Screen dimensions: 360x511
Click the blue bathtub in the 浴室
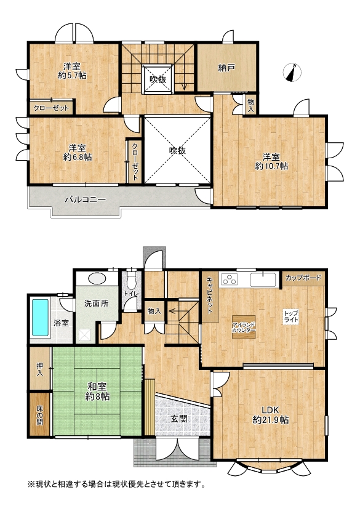[40, 318]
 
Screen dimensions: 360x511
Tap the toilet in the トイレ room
[131, 281]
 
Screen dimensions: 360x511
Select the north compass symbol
[292, 73]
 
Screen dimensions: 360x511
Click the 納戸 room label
[226, 68]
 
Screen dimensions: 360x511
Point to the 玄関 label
[179, 419]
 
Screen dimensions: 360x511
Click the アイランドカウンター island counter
[244, 327]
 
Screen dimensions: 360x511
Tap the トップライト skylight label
[291, 316]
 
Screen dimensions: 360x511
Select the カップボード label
[303, 278]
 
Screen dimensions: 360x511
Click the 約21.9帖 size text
[271, 420]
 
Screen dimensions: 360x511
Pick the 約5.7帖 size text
[73, 76]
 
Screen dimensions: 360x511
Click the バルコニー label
[85, 199]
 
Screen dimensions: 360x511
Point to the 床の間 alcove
[39, 414]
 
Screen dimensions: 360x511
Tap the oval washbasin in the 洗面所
[97, 279]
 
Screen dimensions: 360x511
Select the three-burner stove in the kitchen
[230, 280]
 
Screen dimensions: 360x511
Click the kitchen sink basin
[263, 280]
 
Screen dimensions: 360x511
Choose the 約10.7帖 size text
[271, 166]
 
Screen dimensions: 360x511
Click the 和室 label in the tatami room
[97, 387]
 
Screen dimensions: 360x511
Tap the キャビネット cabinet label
[210, 296]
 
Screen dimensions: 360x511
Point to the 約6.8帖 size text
[78, 157]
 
